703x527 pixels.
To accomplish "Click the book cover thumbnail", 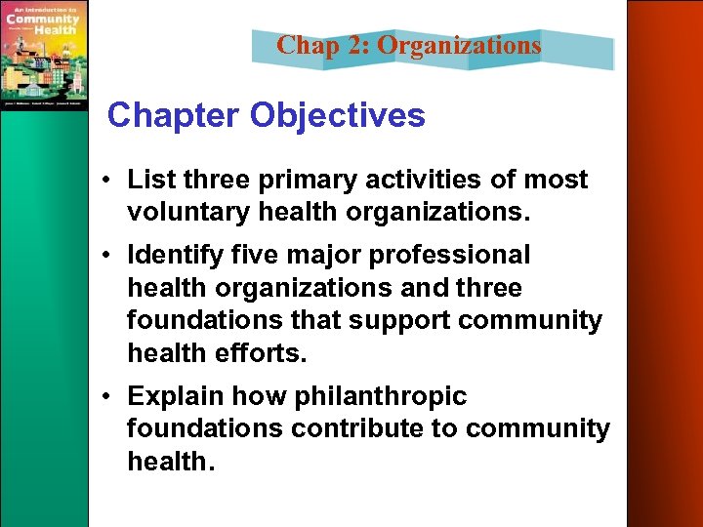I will pos(44,55).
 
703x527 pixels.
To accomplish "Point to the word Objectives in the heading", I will pos(338,115).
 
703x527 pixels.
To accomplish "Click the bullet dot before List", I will pos(114,182).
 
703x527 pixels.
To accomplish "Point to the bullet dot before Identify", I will pos(114,257).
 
